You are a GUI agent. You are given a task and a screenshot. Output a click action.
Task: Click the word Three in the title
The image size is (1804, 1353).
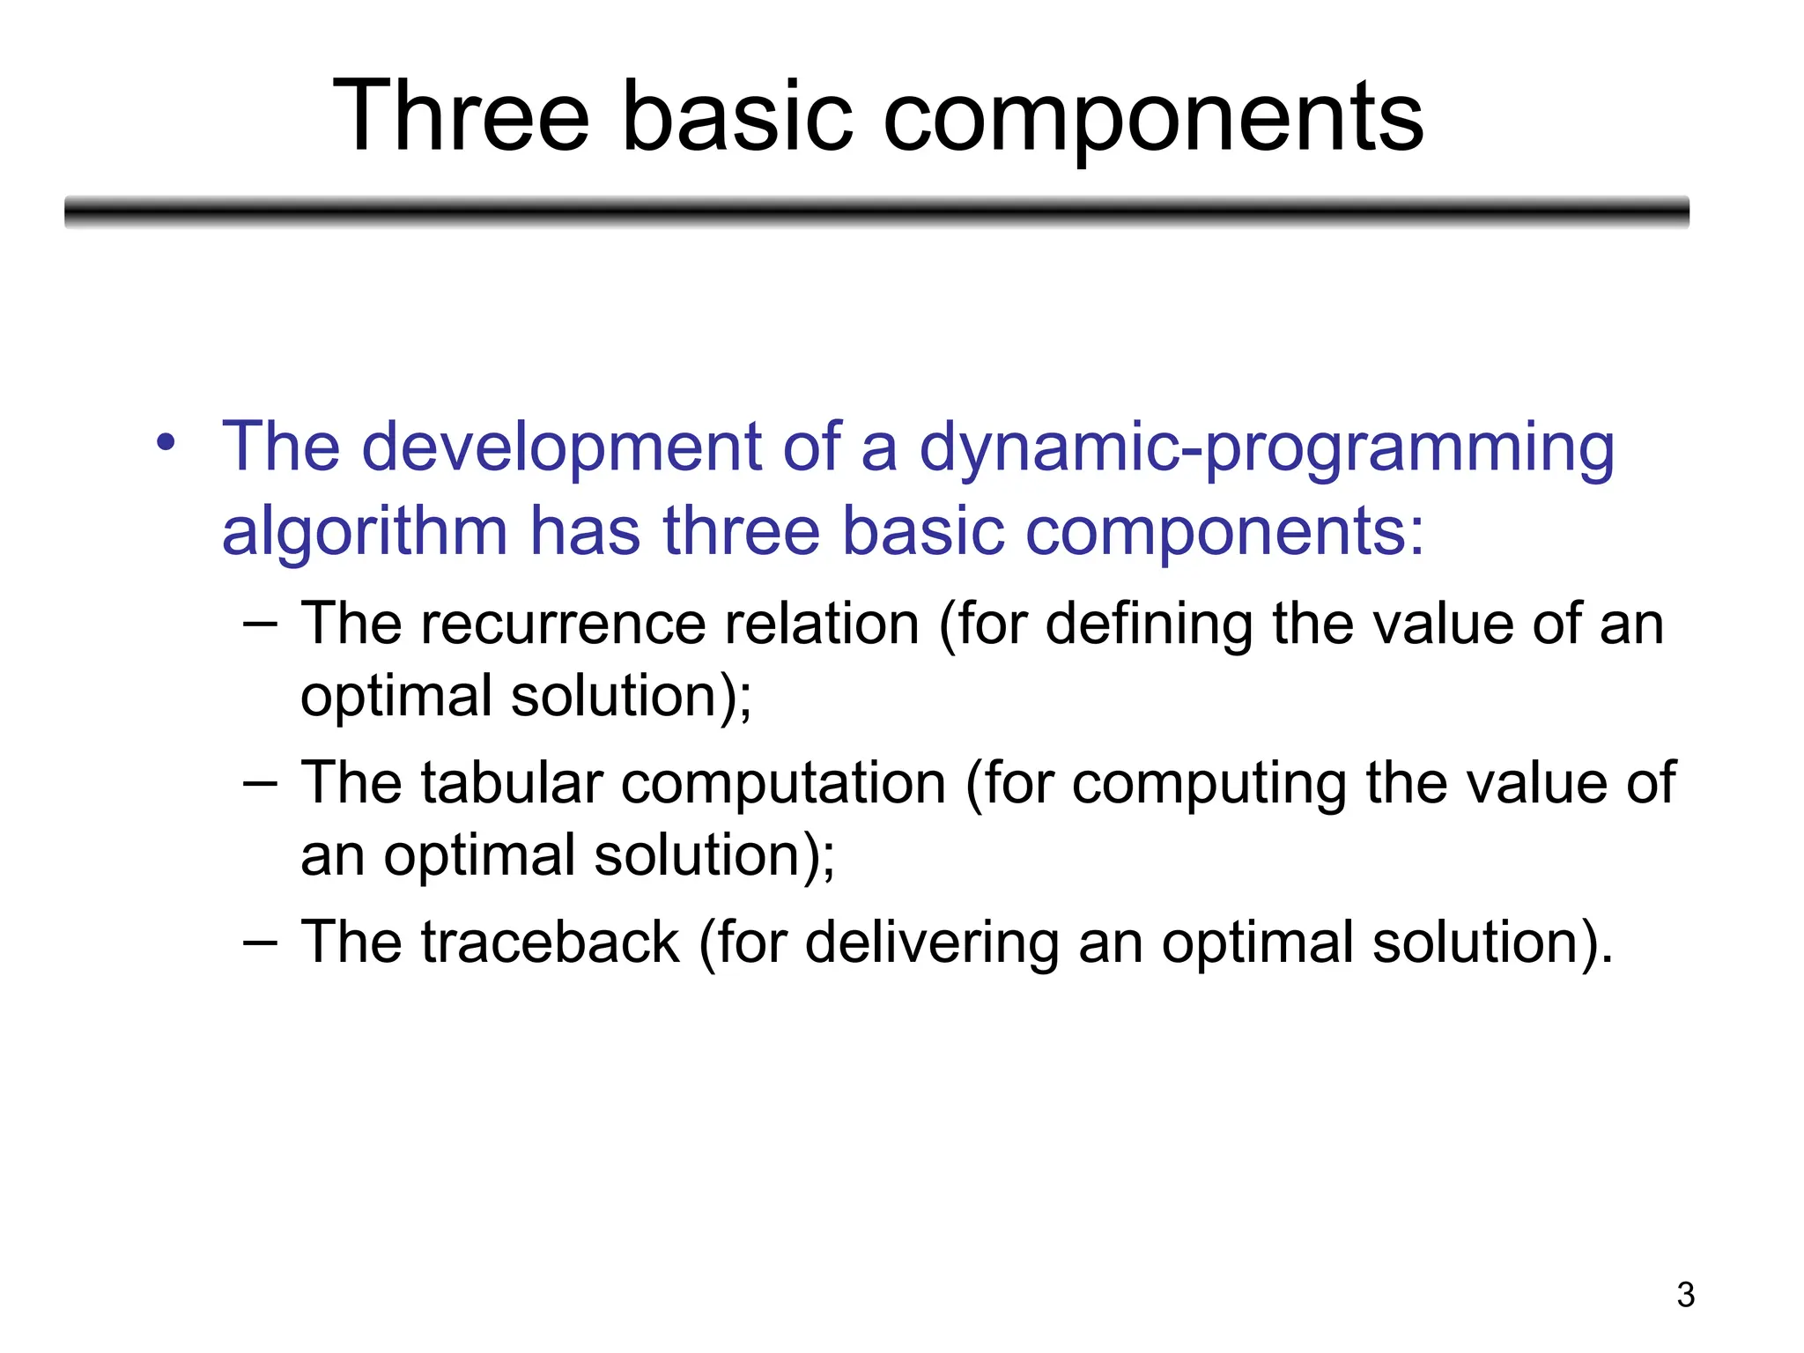460,117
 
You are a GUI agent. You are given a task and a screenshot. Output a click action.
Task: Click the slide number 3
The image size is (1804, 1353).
1685,1295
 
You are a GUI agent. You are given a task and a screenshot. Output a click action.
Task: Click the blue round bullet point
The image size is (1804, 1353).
166,442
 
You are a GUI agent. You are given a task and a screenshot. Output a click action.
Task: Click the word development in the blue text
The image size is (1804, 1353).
561,447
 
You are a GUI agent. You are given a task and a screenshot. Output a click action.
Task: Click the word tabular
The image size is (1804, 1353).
512,782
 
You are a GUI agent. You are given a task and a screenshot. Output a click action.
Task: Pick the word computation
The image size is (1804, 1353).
783,782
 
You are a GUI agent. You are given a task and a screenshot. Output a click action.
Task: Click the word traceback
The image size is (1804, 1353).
550,942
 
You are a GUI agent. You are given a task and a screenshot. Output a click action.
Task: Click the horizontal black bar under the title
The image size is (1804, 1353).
876,211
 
